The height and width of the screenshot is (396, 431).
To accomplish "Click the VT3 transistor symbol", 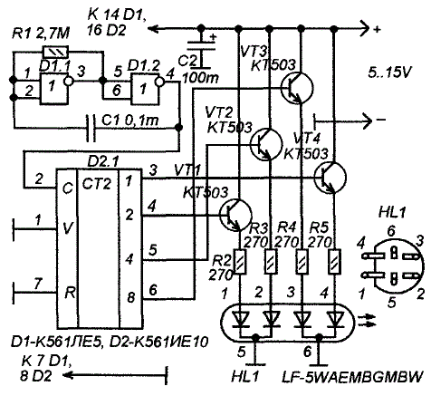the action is tap(297, 87).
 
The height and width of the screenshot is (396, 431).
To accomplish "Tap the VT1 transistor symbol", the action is tap(235, 215).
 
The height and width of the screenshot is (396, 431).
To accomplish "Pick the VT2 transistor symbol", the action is tap(267, 144).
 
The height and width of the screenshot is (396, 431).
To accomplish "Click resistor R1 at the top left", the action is tap(56, 52).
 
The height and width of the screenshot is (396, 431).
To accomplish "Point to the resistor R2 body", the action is tap(240, 262).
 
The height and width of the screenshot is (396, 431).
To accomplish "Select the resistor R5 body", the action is tap(334, 262).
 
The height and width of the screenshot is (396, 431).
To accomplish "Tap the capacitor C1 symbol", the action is tap(91, 128).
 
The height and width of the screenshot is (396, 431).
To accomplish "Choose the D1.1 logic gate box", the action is tap(53, 89).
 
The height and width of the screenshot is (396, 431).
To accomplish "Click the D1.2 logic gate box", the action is tap(145, 89).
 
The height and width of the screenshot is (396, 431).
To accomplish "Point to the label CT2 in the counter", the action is tap(97, 184).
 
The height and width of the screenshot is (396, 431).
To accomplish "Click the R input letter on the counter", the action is tap(70, 293).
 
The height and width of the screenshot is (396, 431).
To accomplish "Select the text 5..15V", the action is tap(390, 72).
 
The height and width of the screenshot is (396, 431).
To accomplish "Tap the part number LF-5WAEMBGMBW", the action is tap(352, 377).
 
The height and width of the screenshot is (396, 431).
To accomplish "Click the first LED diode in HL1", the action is tap(241, 320).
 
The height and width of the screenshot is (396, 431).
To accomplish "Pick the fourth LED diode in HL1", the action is tap(335, 320).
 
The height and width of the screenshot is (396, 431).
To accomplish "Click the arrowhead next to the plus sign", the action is tap(365, 29).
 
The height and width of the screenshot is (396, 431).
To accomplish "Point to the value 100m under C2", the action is tap(201, 78).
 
